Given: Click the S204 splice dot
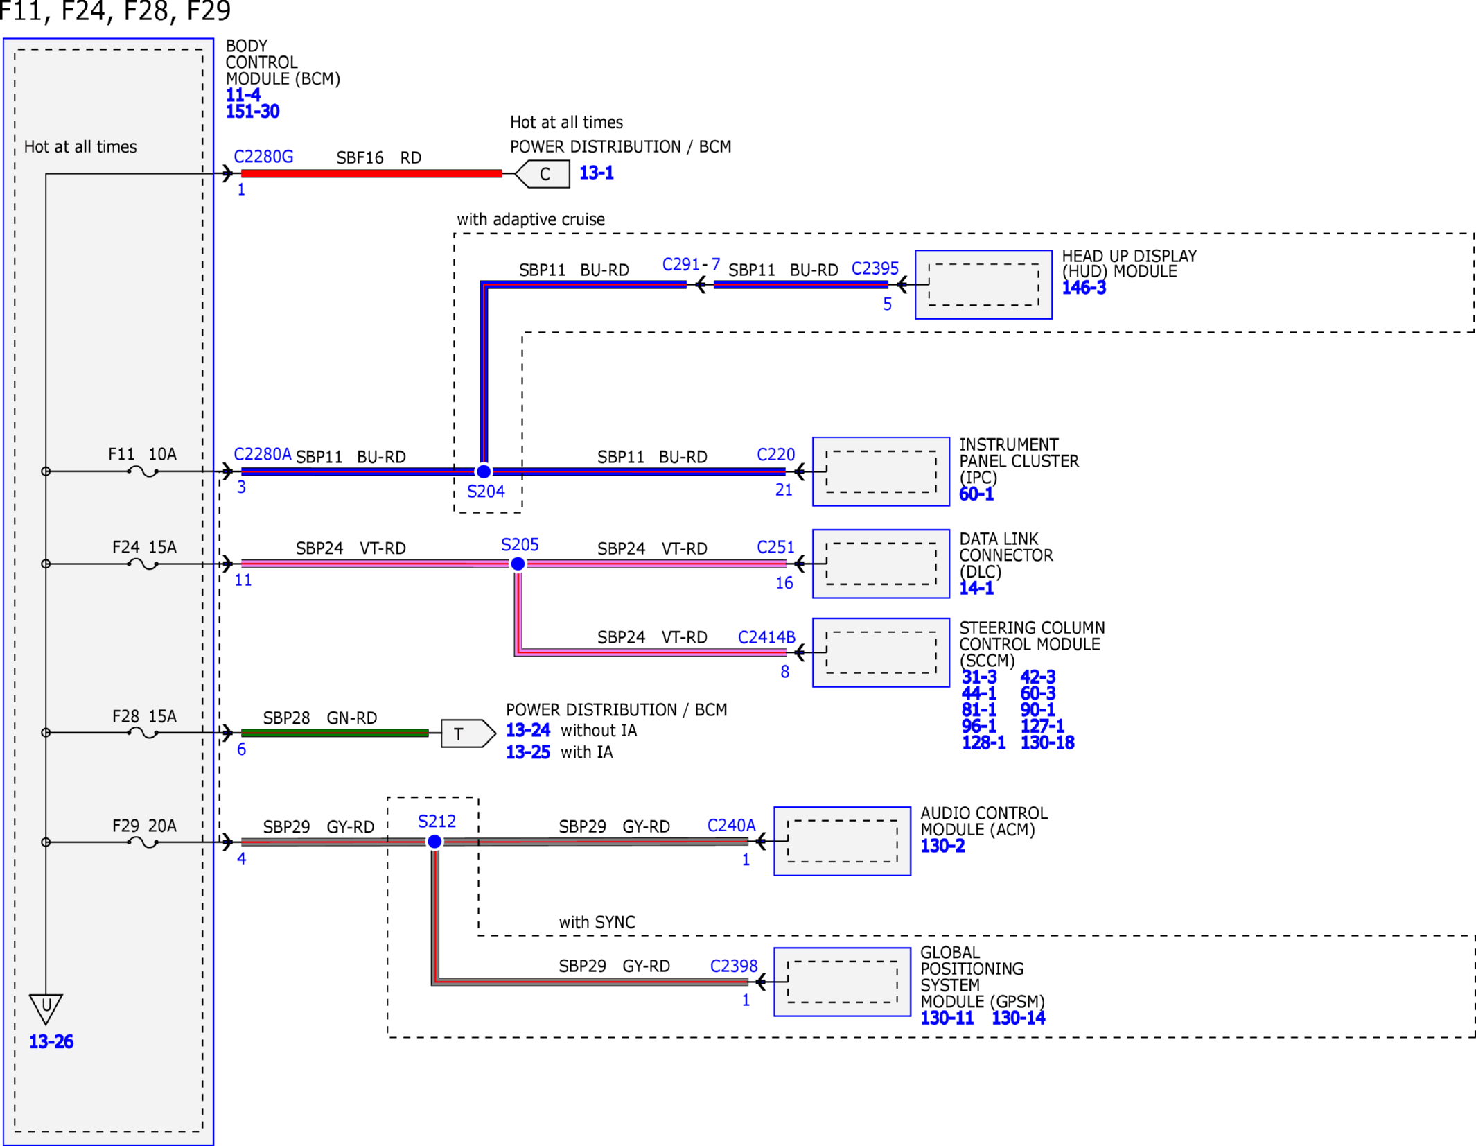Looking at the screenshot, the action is click(x=484, y=471).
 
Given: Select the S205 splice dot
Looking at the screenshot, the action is click(x=518, y=564).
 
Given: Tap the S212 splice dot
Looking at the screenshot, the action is click(x=434, y=842).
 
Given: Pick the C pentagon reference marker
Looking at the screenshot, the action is click(x=543, y=174).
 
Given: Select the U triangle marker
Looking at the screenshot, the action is click(x=46, y=1009).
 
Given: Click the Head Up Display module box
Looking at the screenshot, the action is click(x=983, y=284).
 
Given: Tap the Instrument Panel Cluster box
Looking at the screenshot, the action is click(x=881, y=471).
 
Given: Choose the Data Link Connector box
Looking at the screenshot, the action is click(x=881, y=564).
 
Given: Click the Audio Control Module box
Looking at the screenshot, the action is click(x=842, y=841).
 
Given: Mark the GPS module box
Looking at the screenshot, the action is click(x=842, y=982).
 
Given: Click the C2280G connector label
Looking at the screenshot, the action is click(x=263, y=157).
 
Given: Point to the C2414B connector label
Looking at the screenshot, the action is click(x=766, y=637).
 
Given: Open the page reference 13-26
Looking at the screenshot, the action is click(x=51, y=1041).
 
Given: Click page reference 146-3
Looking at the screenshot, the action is click(x=1084, y=288).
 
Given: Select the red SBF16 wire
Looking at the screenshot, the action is click(x=371, y=173).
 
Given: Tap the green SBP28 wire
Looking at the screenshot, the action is click(x=335, y=733).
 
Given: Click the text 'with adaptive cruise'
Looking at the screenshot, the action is click(x=531, y=220).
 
